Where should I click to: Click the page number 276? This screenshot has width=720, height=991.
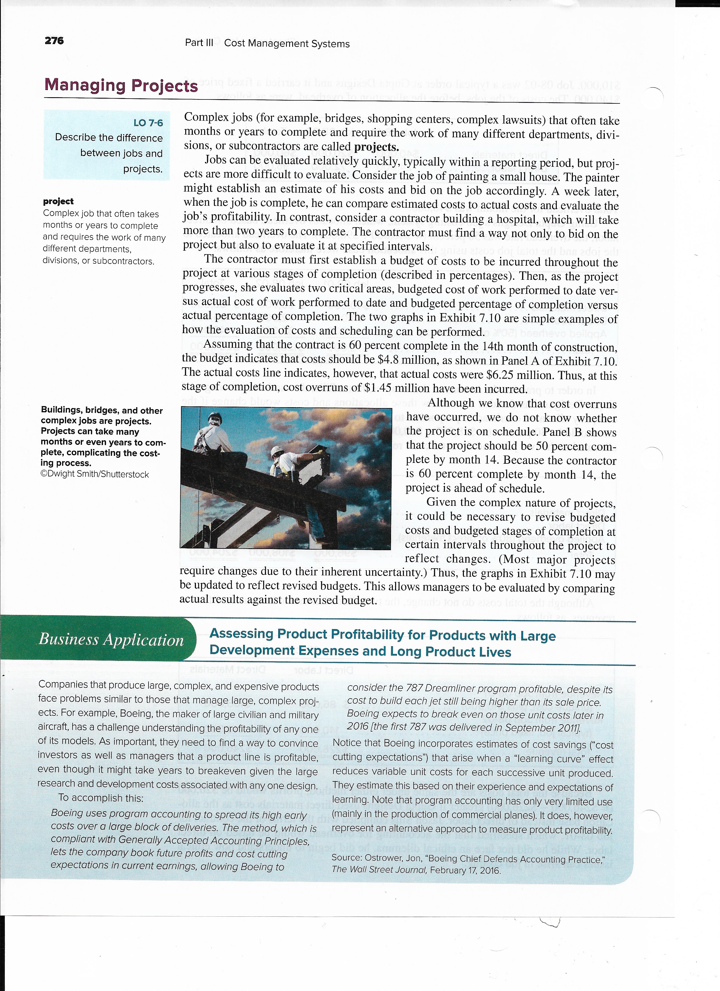pyautogui.click(x=54, y=41)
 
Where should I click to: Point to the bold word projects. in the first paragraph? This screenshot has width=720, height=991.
pyautogui.click(x=376, y=147)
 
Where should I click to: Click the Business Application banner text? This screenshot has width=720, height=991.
pyautogui.click(x=111, y=640)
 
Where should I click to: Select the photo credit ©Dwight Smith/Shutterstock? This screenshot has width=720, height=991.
pyautogui.click(x=95, y=474)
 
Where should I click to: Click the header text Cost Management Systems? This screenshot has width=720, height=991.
pyautogui.click(x=287, y=44)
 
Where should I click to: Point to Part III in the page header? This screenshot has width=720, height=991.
pyautogui.click(x=199, y=43)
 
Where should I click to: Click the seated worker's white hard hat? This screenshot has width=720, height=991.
pyautogui.click(x=215, y=418)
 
